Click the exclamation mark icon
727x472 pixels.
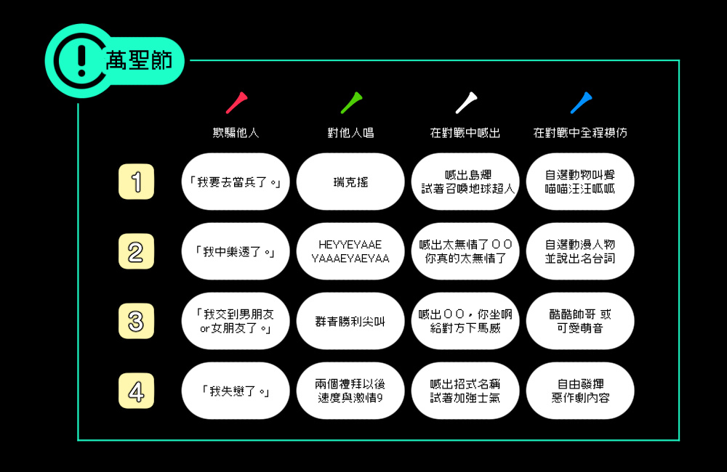pyautogui.click(x=81, y=61)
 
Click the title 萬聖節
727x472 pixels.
pyautogui.click(x=139, y=61)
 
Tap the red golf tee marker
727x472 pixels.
pyautogui.click(x=236, y=103)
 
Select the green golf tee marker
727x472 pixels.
pyautogui.click(x=351, y=103)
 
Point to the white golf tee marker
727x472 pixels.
pyautogui.click(x=467, y=103)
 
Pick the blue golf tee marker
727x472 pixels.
pyautogui.click(x=582, y=103)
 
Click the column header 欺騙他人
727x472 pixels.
pyautogui.click(x=236, y=133)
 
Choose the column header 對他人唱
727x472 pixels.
pyautogui.click(x=350, y=133)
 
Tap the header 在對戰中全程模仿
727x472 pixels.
pyautogui.click(x=580, y=133)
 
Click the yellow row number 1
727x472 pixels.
pyautogui.click(x=137, y=182)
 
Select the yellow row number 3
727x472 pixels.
pyautogui.click(x=137, y=321)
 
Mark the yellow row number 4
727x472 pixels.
pyautogui.click(x=137, y=391)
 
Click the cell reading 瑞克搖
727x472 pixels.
pyautogui.click(x=350, y=182)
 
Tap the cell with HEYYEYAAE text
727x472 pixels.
pyautogui.click(x=350, y=251)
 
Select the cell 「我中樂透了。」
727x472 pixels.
pyautogui.click(x=236, y=251)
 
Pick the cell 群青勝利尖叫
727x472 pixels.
pyautogui.click(x=350, y=321)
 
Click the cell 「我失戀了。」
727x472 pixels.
pyautogui.click(x=236, y=391)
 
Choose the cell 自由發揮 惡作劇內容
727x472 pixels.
pyautogui.click(x=580, y=391)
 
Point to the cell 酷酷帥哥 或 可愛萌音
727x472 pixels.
pyautogui.click(x=580, y=321)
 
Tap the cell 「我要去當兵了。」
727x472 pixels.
pyautogui.click(x=236, y=182)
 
